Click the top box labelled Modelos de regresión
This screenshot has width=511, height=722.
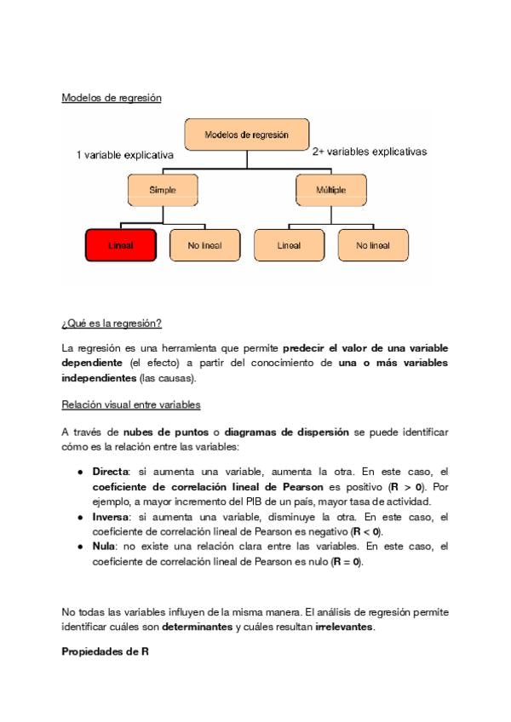[246, 135]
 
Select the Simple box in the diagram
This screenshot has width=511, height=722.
[163, 190]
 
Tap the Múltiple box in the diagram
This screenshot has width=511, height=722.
[331, 190]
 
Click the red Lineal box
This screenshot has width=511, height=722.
[120, 245]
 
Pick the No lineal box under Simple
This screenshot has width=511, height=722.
[204, 245]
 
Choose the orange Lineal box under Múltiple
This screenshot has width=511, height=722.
[289, 245]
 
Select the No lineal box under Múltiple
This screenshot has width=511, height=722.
[373, 245]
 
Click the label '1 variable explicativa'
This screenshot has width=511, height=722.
[125, 156]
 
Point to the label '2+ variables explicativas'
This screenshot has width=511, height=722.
[369, 152]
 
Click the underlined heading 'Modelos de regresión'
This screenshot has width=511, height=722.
[112, 98]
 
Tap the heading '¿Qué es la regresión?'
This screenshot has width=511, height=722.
[112, 324]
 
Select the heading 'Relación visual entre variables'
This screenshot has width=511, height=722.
[131, 404]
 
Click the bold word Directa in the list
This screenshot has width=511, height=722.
[110, 471]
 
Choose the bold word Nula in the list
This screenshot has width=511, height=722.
[105, 546]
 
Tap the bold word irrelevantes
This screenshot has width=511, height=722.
[344, 627]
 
